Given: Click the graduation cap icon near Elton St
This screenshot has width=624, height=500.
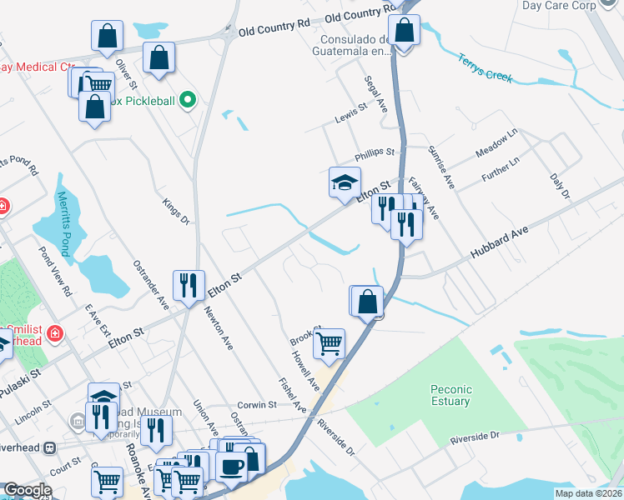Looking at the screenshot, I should pos(345,182).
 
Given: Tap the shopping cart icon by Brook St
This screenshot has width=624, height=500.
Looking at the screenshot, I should pos(330,342).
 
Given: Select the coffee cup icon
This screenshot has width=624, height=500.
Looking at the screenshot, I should pos(230,465).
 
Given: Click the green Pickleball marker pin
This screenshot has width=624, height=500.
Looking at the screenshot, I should pos(188,102).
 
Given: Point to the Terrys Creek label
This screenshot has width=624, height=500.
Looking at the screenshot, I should pos(484,68).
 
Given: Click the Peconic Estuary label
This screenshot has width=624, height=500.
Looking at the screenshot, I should pos(451,395).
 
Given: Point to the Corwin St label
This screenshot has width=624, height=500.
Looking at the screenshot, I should pos(258,405).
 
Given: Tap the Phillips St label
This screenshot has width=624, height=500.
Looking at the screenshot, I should pos(374,152).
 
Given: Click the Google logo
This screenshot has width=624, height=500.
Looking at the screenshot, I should pos(28,490).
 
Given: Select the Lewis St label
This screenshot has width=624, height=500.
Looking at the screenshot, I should pos(351,109).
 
